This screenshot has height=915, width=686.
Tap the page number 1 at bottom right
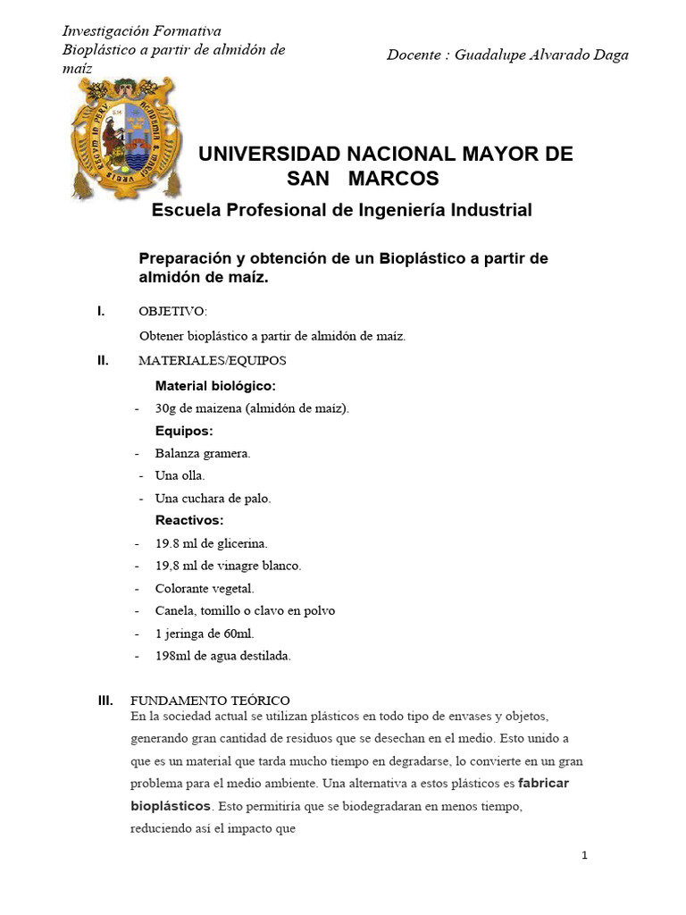pos(584,855)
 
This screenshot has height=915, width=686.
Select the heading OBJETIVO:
pos(172,311)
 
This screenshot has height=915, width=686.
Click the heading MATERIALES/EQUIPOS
pos(213,361)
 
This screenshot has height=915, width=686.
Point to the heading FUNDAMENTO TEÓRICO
pos(210,701)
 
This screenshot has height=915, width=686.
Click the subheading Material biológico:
pos(215,386)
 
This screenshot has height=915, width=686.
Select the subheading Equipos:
pos(184,431)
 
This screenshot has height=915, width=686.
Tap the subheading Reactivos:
pos(189,520)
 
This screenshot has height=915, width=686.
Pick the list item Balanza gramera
pos(203,453)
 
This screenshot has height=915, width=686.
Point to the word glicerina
pos(240,542)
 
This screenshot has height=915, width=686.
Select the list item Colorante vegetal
pos(205,588)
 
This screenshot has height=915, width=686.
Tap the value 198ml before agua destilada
pos(172,656)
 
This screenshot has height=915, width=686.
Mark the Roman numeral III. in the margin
pos(106,701)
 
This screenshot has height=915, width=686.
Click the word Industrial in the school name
pos(482,211)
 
